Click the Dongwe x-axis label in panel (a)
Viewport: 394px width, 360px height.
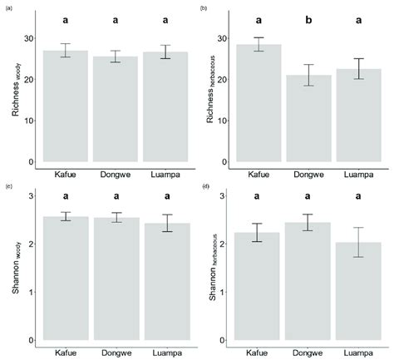point(115,175)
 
